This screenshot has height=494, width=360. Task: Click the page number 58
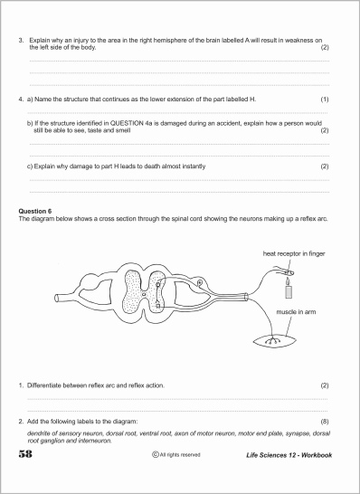click(25, 454)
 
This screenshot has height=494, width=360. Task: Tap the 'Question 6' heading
click(35, 211)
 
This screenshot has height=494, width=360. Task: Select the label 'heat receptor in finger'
click(294, 253)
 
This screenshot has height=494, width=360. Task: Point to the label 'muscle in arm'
click(296, 312)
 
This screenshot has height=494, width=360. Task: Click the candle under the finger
click(289, 290)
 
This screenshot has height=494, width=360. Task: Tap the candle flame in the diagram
click(288, 280)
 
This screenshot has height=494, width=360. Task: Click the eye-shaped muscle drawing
click(275, 340)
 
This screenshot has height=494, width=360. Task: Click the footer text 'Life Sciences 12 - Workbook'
click(289, 455)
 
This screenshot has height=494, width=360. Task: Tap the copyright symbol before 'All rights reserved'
click(155, 454)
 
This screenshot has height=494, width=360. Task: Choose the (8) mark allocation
click(325, 422)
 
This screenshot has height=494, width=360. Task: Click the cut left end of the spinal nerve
click(57, 298)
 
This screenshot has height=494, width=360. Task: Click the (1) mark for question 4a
click(325, 100)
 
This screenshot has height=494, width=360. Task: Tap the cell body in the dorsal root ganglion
click(199, 283)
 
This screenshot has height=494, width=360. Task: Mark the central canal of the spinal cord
click(144, 294)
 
